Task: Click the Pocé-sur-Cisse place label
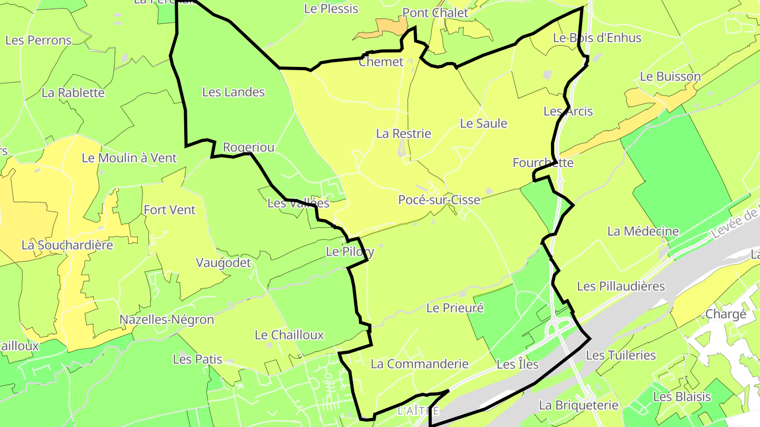439,200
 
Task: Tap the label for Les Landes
233,92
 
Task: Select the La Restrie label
403,134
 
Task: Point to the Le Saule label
483,123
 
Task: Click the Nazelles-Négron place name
167,320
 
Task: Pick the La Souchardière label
68,245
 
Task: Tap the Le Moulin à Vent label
129,158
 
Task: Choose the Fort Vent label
169,210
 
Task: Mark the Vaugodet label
224,263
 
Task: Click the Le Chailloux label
289,335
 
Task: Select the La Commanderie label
420,364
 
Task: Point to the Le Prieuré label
455,308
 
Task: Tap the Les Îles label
518,364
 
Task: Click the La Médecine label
643,231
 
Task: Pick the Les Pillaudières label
621,286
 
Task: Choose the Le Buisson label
670,76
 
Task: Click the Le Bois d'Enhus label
597,38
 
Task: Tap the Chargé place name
726,315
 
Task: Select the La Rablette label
73,93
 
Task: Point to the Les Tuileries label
621,355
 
